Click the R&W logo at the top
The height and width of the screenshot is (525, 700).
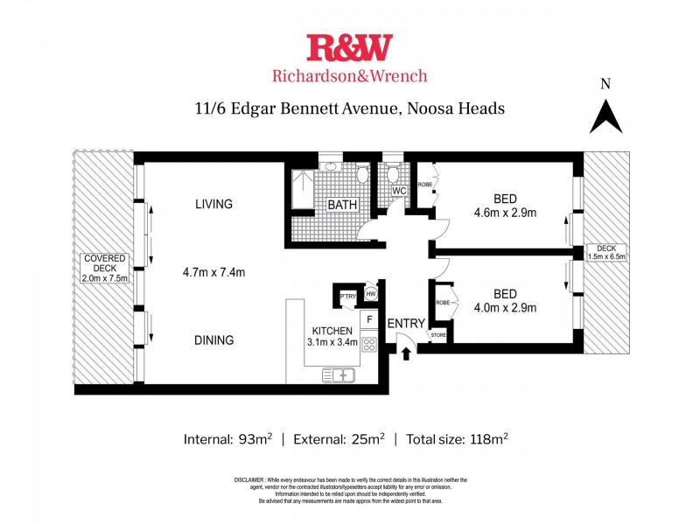coord(349,47)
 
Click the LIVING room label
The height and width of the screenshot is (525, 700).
coord(213,205)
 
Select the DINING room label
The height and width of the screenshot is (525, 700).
coord(213,340)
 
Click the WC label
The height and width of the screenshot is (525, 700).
coord(399,191)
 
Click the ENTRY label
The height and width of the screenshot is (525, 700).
coord(405,323)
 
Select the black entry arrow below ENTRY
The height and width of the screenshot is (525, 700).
coord(405,353)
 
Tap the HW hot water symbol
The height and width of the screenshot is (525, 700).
coord(371,294)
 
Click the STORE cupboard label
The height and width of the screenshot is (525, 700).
coord(437,335)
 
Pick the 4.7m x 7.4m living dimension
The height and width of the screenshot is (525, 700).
coord(213,272)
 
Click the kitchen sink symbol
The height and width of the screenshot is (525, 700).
coord(338,375)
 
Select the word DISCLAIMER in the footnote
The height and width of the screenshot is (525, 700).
coord(253,480)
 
